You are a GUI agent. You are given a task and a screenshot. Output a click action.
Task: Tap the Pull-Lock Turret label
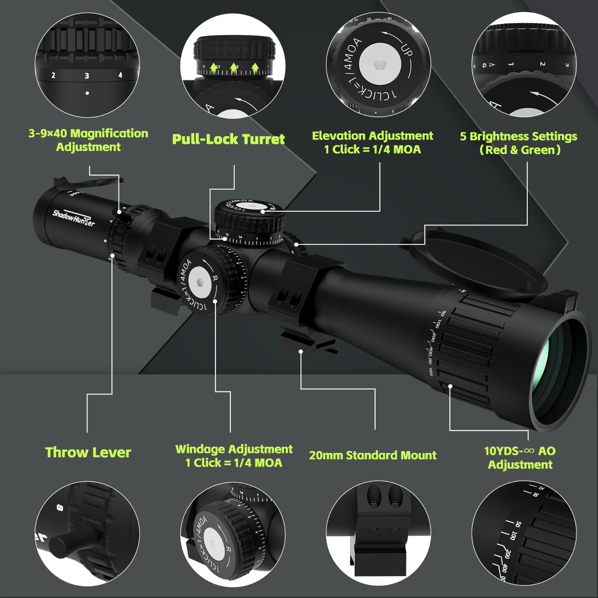coord(228,139)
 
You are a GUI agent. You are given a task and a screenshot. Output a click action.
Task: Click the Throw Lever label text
coord(88,452)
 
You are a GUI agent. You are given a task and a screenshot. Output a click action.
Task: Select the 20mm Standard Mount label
coord(373,455)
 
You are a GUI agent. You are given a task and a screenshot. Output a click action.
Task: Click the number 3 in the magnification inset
coord(87,76)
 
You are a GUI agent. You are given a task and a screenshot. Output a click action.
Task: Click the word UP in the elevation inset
coord(407,50)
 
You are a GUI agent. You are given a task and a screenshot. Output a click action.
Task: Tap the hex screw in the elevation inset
coord(380,64)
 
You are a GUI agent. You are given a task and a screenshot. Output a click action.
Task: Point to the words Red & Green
coord(520,150)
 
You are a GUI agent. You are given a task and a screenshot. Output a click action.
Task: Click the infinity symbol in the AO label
coord(529,451)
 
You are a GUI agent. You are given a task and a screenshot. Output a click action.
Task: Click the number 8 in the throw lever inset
coord(60,508)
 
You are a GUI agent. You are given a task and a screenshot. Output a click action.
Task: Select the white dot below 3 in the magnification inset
coord(87,93)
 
